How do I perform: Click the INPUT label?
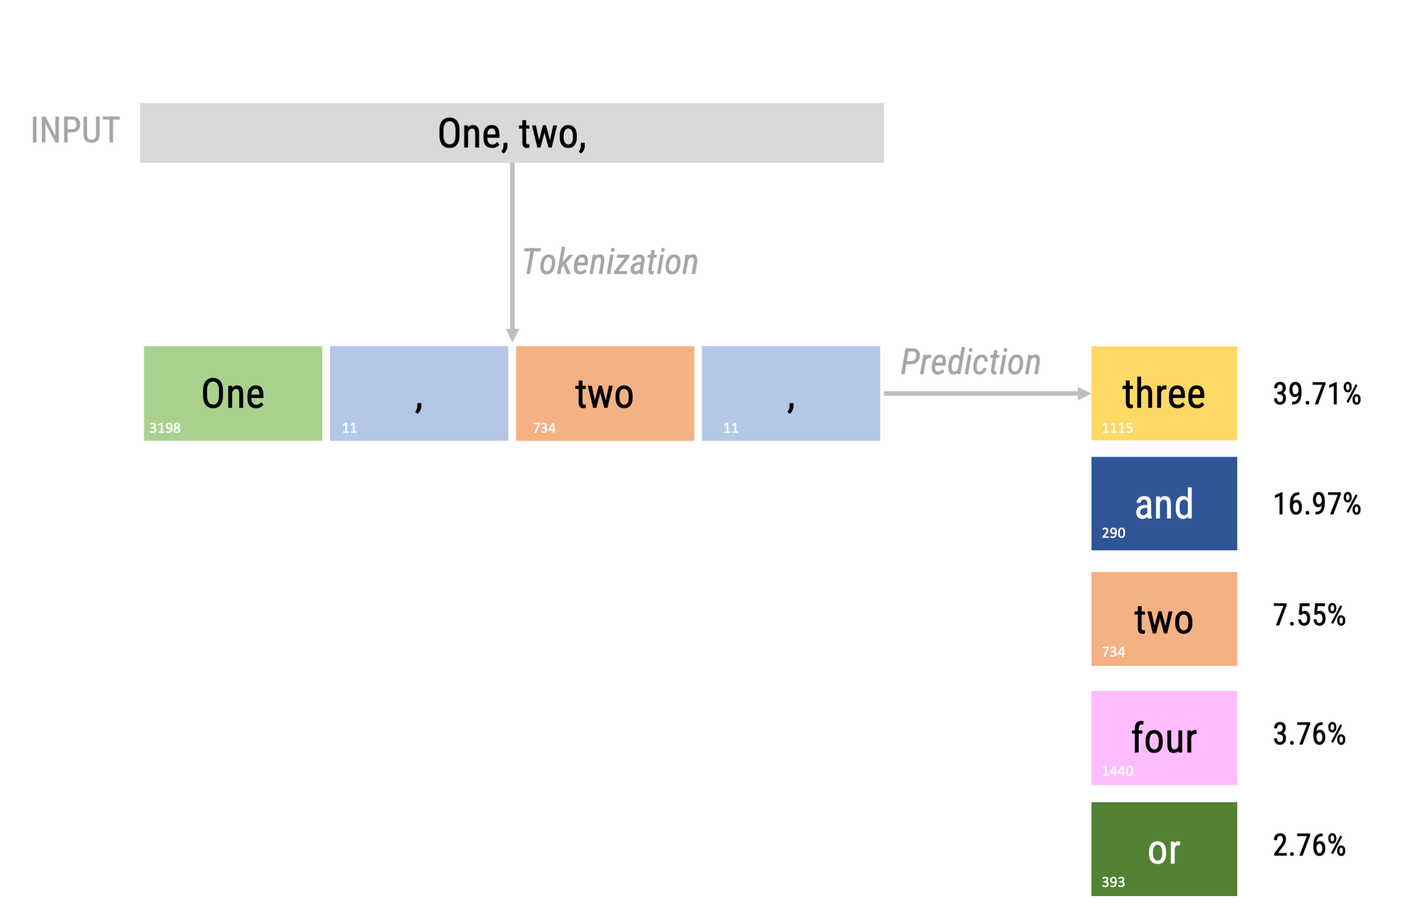75,130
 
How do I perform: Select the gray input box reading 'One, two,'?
512,132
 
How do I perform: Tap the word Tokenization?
610,262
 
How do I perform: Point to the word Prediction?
970,362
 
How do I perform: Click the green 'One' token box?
233,393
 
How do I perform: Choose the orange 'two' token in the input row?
605,393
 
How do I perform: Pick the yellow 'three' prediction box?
1164,393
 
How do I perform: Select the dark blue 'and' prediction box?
1164,503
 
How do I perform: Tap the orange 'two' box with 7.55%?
1164,619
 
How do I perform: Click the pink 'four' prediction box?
1164,737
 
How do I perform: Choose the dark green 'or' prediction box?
1164,849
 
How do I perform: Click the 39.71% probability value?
1317,394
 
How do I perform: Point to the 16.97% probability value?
1317,504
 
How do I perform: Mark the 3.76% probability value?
1309,734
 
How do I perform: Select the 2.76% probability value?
1309,845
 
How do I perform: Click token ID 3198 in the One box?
165,428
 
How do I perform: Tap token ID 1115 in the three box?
1117,428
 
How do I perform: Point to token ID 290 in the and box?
1113,533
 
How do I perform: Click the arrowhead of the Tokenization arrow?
512,335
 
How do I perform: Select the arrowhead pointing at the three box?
1084,393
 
